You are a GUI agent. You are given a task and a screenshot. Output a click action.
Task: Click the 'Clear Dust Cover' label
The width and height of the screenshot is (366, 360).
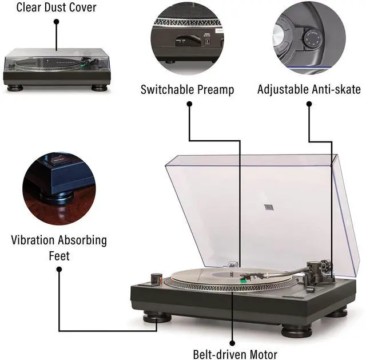pyautogui.click(x=56, y=7)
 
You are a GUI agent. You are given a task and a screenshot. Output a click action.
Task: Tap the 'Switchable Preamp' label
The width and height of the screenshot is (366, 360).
pyautogui.click(x=188, y=90)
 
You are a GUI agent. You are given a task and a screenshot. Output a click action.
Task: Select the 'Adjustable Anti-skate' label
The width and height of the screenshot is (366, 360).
pyautogui.click(x=309, y=90)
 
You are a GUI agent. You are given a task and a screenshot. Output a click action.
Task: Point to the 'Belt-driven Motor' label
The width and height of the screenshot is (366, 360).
pyautogui.click(x=234, y=354)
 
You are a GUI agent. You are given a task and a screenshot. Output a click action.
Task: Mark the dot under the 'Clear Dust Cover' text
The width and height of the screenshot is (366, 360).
pyautogui.click(x=57, y=22)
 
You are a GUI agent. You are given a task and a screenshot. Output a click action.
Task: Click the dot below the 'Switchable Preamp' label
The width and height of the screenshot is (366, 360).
pyautogui.click(x=188, y=104)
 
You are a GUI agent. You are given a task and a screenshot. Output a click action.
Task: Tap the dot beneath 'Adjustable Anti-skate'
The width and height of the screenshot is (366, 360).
pyautogui.click(x=309, y=104)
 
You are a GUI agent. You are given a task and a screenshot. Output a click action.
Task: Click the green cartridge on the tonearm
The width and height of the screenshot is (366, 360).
pyautogui.click(x=244, y=280)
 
